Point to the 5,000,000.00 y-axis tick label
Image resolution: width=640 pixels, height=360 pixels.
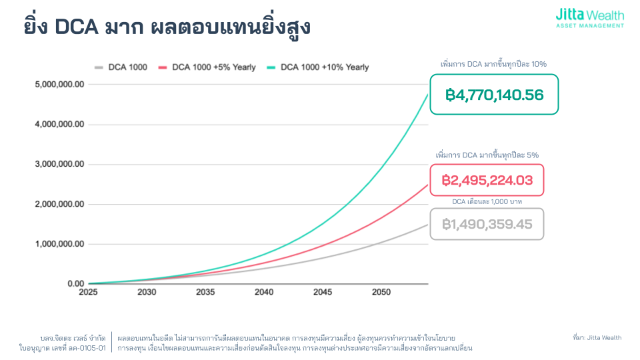click(x=60, y=85)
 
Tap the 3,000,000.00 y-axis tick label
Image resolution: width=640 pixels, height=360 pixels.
click(x=60, y=165)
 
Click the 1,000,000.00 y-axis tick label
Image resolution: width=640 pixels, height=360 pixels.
click(x=60, y=244)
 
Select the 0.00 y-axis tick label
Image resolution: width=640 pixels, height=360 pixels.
click(x=75, y=284)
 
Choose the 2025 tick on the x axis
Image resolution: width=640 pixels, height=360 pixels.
click(x=89, y=293)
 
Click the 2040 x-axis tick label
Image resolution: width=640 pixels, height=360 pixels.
click(x=263, y=293)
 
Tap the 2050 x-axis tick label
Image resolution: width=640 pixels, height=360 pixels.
click(x=381, y=293)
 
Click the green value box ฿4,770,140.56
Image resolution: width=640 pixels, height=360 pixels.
click(x=494, y=95)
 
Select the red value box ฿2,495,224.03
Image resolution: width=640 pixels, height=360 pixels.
click(x=487, y=180)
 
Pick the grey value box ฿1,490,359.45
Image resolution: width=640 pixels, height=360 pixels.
click(x=487, y=224)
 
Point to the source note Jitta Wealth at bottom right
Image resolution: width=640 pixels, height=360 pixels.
click(x=597, y=338)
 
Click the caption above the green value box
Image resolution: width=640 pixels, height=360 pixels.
click(x=494, y=64)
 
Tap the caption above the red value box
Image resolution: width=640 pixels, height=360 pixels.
click(x=487, y=155)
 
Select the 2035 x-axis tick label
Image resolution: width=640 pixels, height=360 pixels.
click(x=205, y=293)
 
